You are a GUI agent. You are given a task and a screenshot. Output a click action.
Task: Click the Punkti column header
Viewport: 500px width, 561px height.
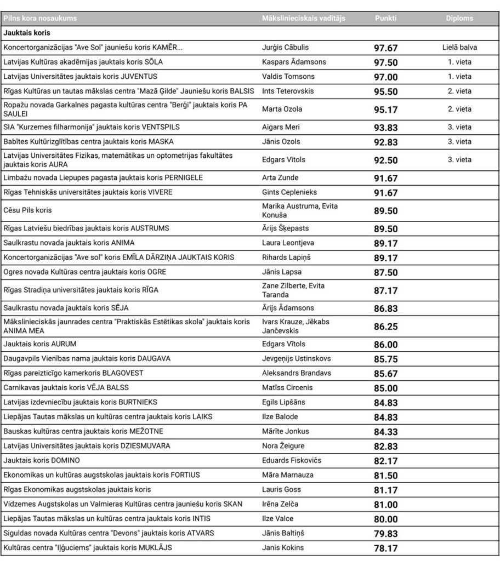click(x=385, y=18)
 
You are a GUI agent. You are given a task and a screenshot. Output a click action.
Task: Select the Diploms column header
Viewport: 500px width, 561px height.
click(x=459, y=18)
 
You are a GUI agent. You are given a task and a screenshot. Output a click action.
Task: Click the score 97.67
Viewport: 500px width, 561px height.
click(x=386, y=48)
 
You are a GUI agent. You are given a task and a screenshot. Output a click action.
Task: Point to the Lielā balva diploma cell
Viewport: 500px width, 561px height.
click(x=459, y=48)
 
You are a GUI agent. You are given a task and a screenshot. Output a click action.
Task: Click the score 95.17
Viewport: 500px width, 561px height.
click(x=386, y=109)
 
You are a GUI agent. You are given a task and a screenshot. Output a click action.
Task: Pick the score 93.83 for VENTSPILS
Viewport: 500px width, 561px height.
click(x=386, y=127)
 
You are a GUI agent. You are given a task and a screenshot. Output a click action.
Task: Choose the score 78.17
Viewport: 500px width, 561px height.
click(x=386, y=547)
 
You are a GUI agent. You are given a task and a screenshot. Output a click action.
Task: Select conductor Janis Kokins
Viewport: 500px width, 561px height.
click(x=283, y=547)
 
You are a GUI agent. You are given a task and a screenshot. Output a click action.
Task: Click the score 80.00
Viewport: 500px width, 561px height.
click(x=386, y=518)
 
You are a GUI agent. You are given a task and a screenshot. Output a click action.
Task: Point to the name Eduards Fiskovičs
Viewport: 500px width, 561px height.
click(x=291, y=460)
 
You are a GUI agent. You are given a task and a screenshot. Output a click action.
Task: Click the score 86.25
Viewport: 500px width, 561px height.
click(x=386, y=327)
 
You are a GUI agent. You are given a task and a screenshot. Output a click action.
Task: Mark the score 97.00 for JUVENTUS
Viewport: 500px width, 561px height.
click(x=386, y=77)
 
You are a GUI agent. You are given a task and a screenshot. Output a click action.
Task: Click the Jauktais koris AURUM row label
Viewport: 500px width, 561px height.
click(x=40, y=344)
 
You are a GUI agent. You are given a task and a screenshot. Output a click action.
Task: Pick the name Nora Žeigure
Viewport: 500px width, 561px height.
click(x=283, y=446)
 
